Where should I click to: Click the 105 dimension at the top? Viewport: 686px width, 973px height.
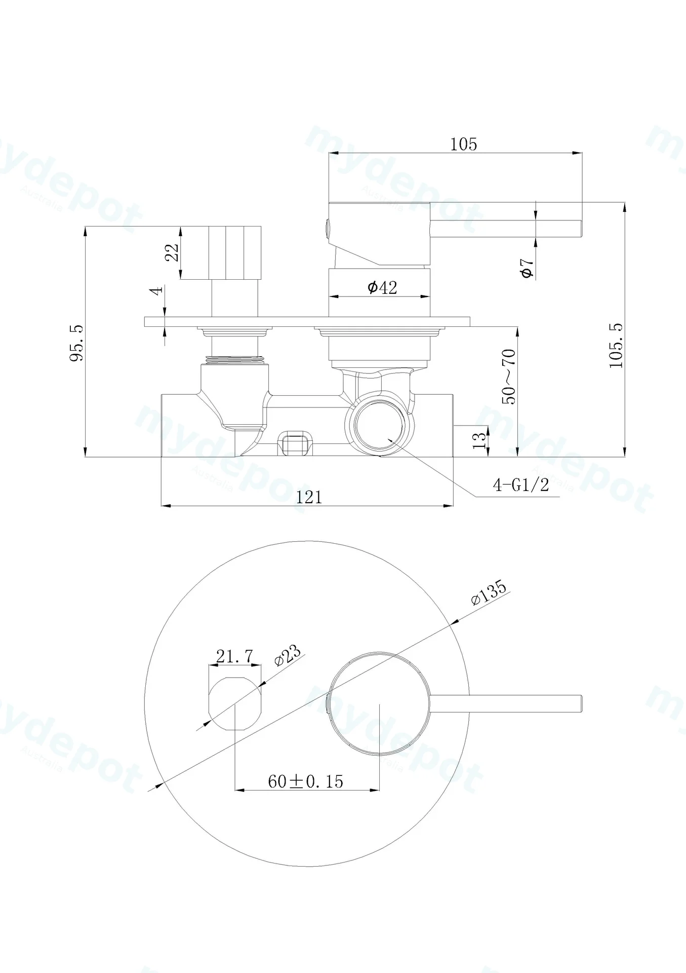click(464, 144)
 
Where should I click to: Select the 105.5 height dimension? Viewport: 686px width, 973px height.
click(616, 346)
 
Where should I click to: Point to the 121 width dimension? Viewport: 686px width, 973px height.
click(309, 497)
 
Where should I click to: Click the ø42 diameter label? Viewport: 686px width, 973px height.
click(382, 288)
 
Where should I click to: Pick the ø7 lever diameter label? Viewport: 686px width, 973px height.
click(527, 267)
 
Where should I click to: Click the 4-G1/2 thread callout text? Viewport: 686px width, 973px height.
click(521, 485)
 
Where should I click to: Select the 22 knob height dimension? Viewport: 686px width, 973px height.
click(173, 252)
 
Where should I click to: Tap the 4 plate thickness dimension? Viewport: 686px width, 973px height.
click(158, 290)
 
